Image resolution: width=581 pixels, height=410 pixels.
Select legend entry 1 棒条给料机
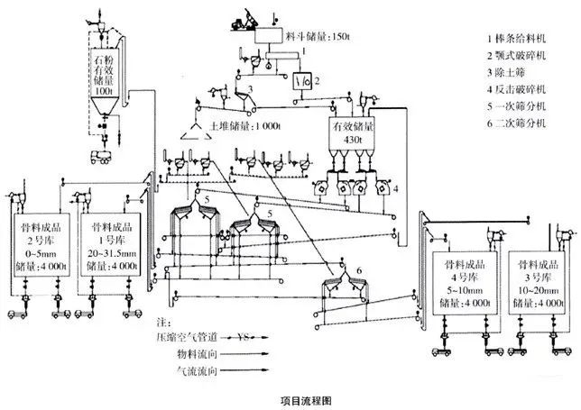pos(521,39)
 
